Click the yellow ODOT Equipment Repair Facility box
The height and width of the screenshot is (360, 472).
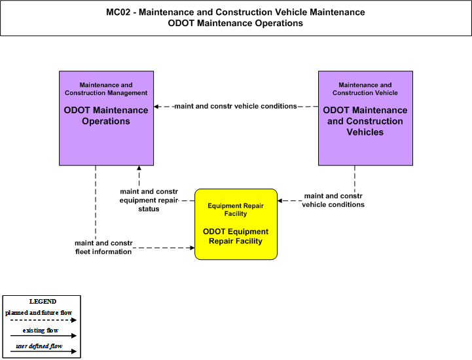(236, 225)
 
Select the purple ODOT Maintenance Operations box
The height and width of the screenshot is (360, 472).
(106, 118)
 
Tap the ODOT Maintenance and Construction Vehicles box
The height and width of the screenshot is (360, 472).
(365, 118)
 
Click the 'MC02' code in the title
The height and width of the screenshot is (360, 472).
(118, 12)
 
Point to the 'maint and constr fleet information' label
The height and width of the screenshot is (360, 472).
(103, 247)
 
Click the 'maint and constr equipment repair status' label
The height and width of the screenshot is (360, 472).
(149, 200)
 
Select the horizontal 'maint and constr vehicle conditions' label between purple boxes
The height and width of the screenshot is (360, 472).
(236, 106)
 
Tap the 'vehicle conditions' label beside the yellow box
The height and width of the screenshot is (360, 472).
(333, 200)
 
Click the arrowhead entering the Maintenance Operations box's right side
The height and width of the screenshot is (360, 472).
(156, 107)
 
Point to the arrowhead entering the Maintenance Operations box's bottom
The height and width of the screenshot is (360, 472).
(139, 168)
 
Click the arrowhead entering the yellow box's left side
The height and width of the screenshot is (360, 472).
(192, 247)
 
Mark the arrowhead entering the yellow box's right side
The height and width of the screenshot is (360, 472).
(280, 200)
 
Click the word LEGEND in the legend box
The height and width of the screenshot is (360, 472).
(43, 302)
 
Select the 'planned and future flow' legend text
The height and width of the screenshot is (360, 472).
(39, 313)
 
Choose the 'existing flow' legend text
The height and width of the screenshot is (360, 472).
(41, 331)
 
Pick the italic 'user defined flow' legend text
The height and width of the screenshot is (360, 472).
(39, 346)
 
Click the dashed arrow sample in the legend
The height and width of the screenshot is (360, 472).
(43, 320)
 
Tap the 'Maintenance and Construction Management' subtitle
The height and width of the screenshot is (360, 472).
(106, 89)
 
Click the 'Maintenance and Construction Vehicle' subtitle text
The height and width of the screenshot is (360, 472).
(365, 89)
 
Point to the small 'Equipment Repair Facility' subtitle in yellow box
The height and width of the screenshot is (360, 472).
(236, 210)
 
